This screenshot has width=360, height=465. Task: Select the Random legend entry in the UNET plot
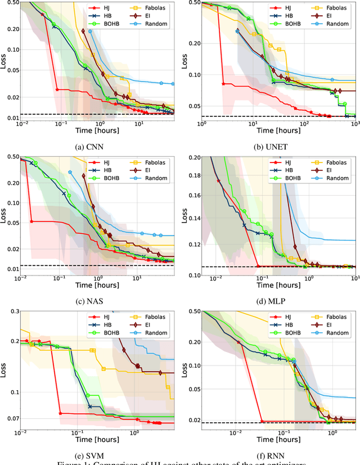(x=327, y=25)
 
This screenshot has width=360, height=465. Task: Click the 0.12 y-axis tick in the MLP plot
(x=192, y=244)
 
